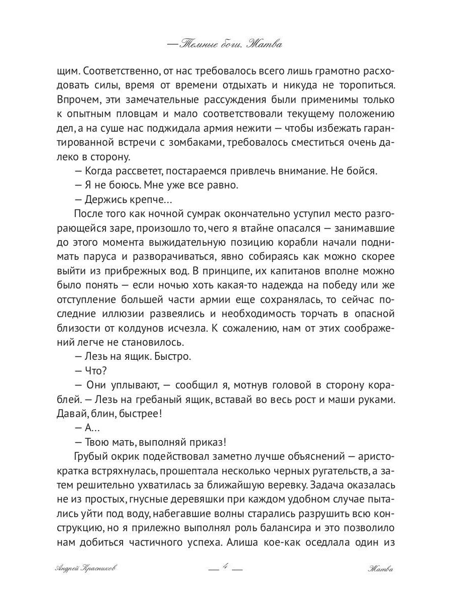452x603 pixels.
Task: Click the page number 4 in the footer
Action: click(225, 569)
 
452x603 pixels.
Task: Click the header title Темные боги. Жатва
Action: click(225, 45)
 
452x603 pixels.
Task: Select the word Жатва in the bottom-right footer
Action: click(380, 570)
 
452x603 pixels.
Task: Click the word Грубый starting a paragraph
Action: click(91, 456)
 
